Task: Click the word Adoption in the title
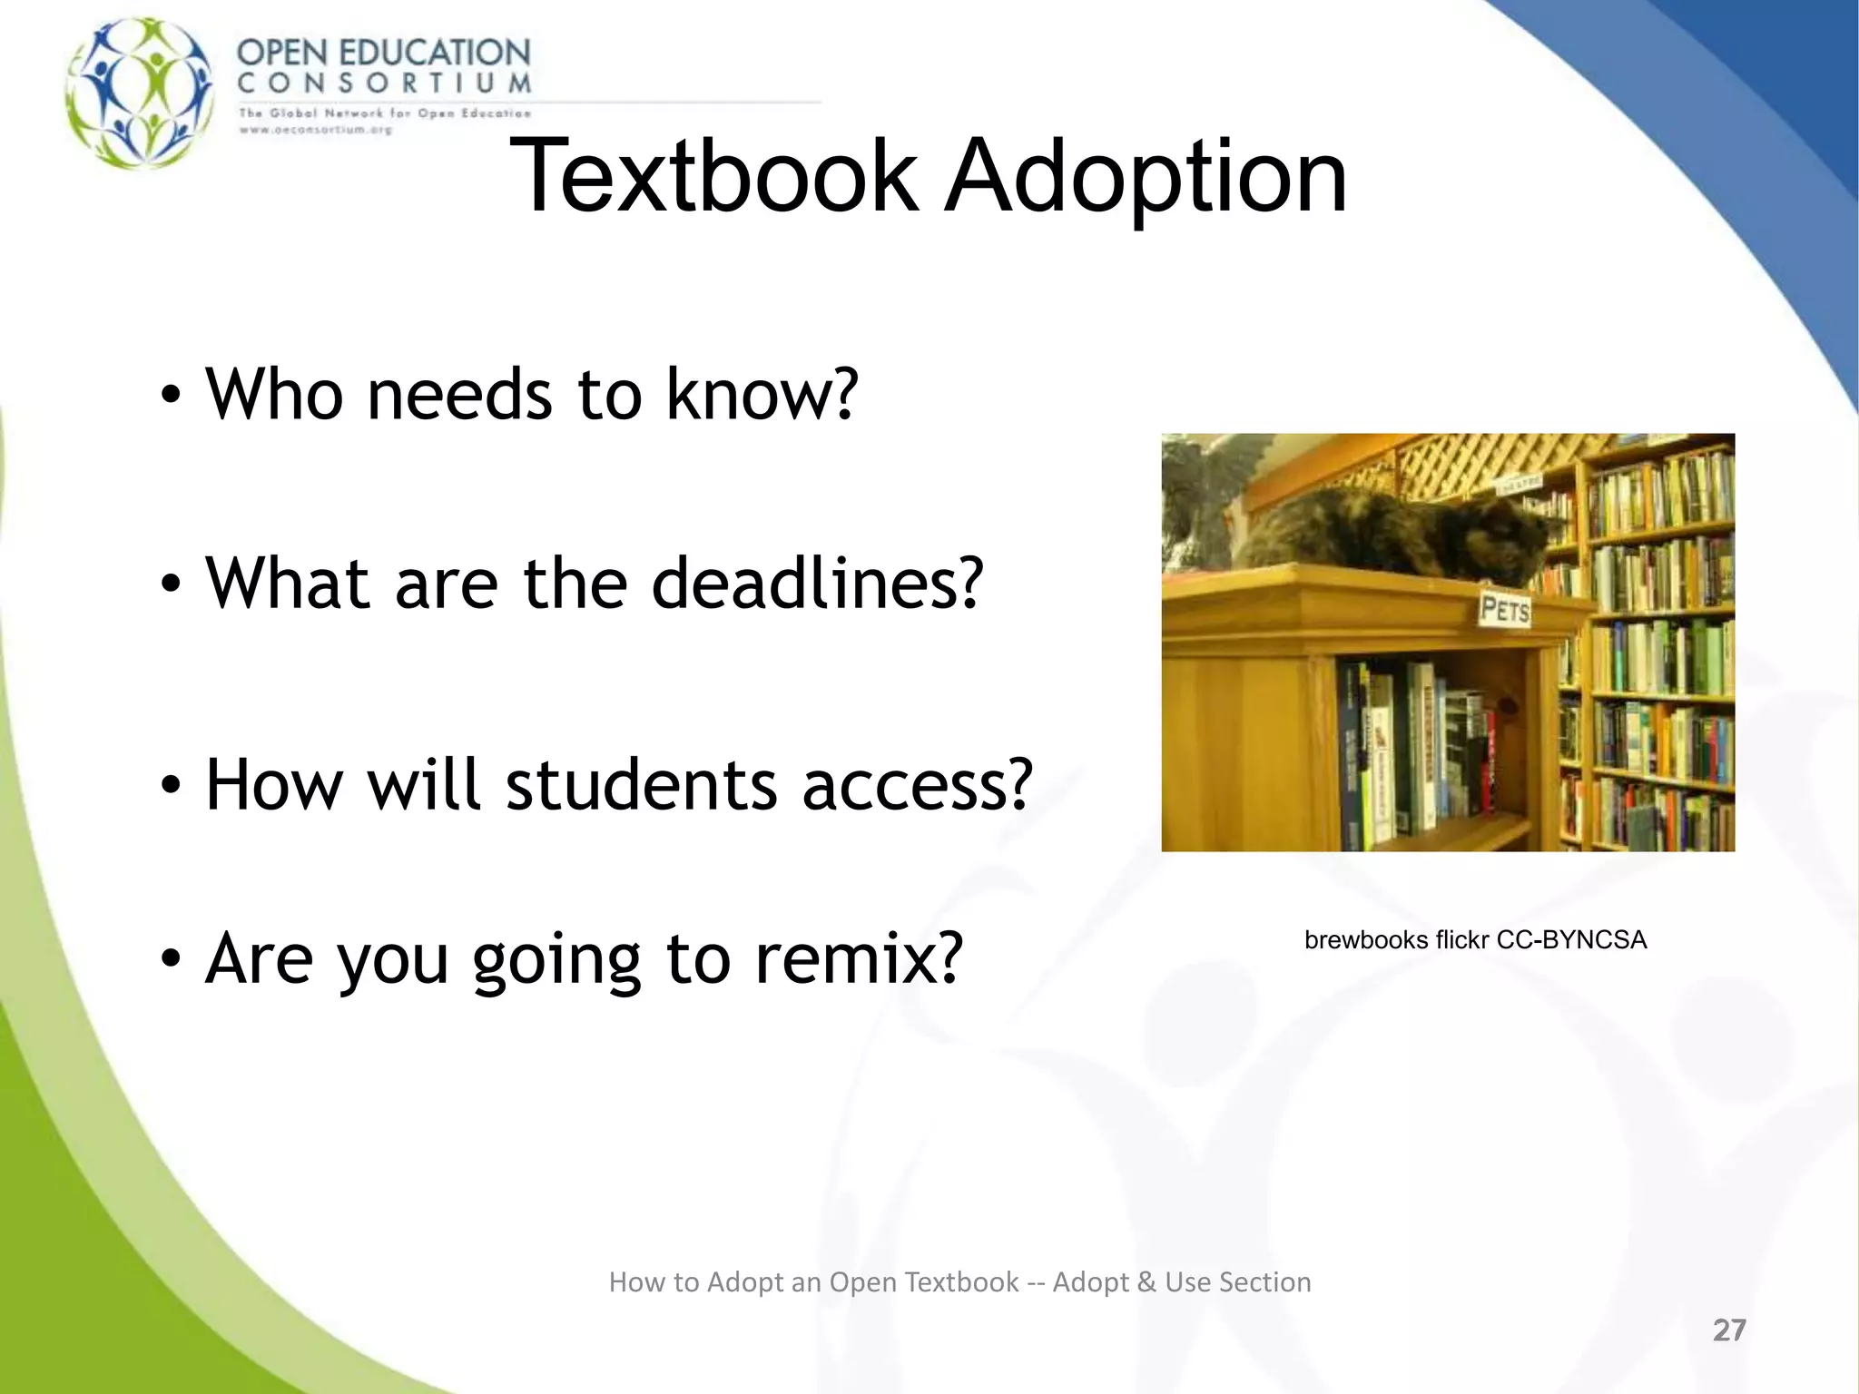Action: [1146, 178]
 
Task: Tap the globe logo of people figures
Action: [141, 93]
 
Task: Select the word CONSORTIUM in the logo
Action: [384, 83]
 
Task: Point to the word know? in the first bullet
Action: [762, 395]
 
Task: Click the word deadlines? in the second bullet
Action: [817, 583]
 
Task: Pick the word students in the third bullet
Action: [641, 784]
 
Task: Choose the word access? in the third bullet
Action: [917, 784]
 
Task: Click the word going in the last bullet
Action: [556, 960]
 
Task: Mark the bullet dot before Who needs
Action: [171, 397]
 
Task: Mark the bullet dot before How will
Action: [171, 786]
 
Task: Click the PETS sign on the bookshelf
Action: [1504, 609]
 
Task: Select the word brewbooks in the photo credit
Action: [1365, 940]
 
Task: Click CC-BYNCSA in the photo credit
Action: [1571, 940]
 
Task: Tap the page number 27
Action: [1728, 1330]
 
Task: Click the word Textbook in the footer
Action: [961, 1282]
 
